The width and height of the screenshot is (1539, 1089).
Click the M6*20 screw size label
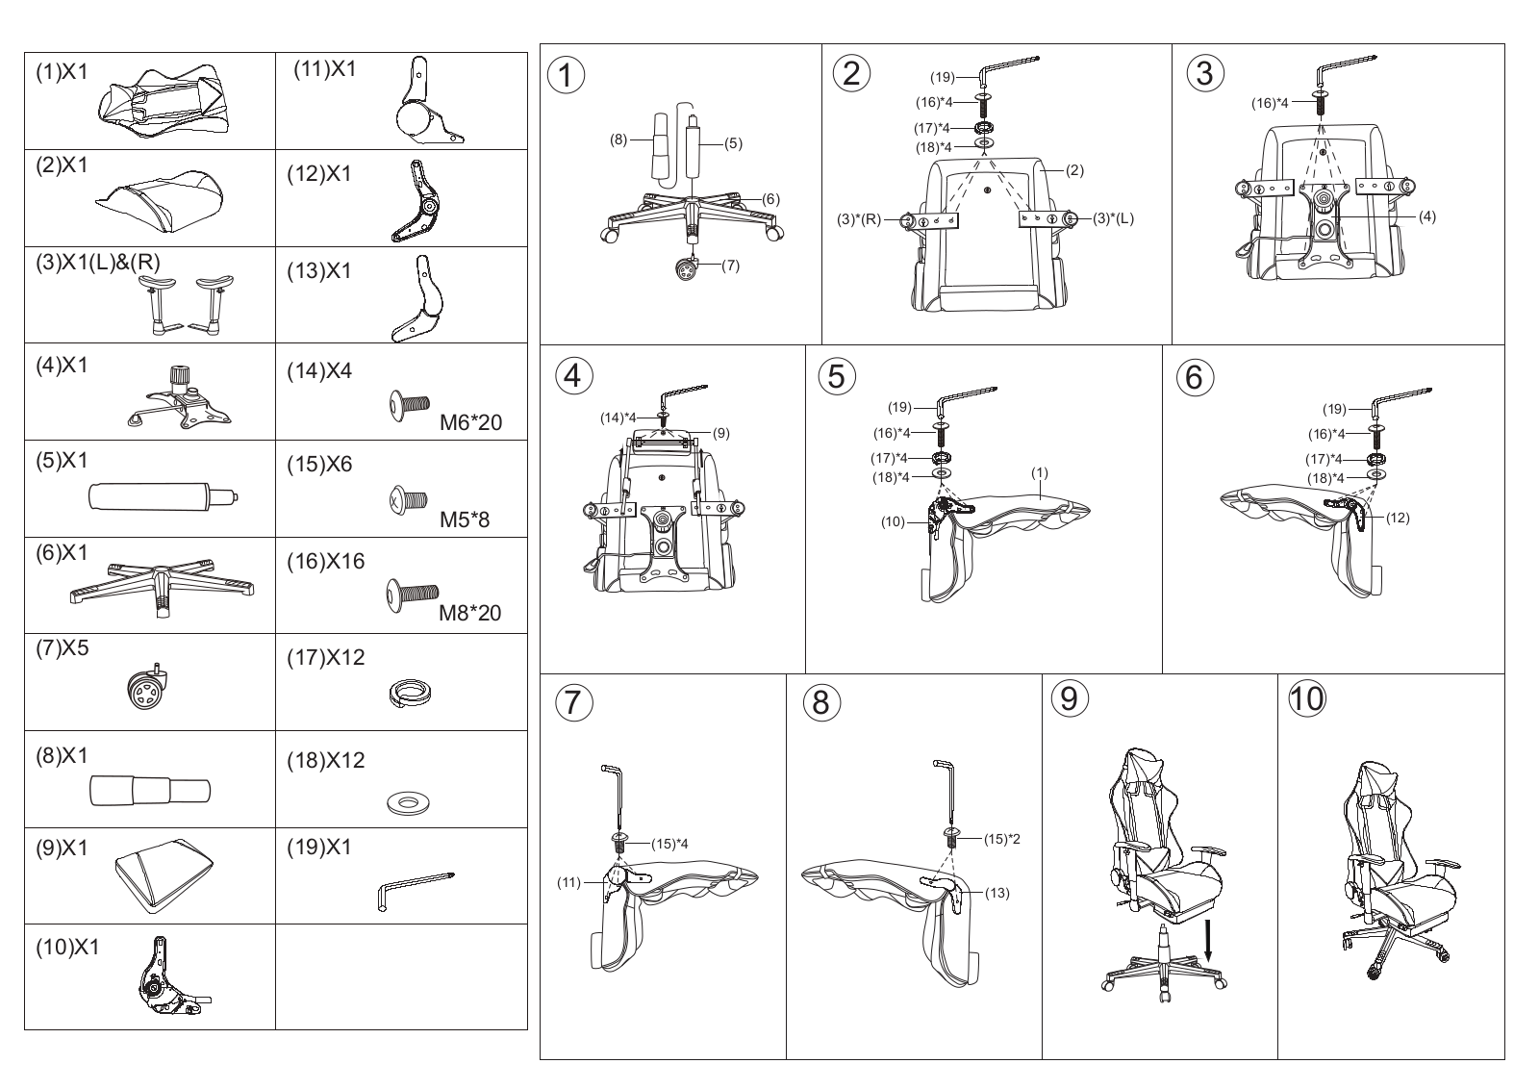tap(470, 422)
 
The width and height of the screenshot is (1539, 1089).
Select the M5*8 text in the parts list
tap(465, 519)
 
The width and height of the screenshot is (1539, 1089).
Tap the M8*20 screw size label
tap(470, 613)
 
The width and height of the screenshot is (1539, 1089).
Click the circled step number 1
tap(567, 76)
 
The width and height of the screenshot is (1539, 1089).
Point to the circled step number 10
tap(1307, 698)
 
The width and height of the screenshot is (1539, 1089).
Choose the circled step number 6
tap(1194, 377)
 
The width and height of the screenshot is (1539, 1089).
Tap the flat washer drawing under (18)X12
tap(408, 802)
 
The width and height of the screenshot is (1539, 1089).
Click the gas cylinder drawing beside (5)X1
tap(164, 496)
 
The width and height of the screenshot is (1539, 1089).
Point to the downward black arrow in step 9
tap(1208, 941)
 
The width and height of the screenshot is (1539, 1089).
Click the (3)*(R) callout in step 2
tap(859, 220)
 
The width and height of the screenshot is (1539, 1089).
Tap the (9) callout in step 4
tap(720, 434)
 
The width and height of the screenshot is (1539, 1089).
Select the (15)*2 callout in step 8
tap(1001, 839)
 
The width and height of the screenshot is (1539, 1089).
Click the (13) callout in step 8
tap(997, 893)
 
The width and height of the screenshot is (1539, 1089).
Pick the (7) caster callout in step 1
tap(730, 266)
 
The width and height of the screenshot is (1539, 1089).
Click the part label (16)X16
tap(326, 561)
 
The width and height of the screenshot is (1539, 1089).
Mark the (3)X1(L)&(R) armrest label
tap(97, 262)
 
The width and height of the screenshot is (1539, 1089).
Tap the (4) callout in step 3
tap(1427, 216)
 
